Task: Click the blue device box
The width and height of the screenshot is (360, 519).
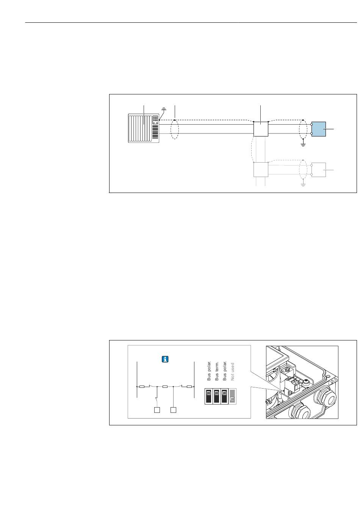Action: pyautogui.click(x=319, y=129)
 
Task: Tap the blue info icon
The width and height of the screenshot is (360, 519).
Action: pyautogui.click(x=165, y=359)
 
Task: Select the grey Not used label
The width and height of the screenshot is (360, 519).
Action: pyautogui.click(x=232, y=372)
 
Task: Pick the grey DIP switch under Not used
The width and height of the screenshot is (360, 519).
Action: pyautogui.click(x=232, y=397)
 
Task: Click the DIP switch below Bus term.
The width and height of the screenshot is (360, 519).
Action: pyautogui.click(x=216, y=397)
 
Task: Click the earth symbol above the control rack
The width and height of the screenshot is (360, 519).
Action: pyautogui.click(x=164, y=109)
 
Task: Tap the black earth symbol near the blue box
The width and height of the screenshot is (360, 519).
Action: pyautogui.click(x=303, y=145)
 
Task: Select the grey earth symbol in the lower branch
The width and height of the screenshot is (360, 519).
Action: pyautogui.click(x=303, y=185)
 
